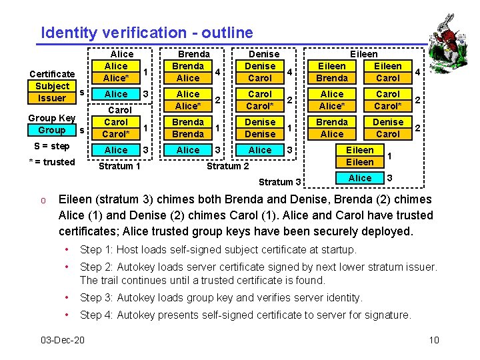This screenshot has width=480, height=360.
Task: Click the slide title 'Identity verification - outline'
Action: (x=147, y=32)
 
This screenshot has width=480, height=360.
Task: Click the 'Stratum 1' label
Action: (x=119, y=166)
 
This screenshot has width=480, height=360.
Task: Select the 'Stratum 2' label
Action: (x=227, y=166)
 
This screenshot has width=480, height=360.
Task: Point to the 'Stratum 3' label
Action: (x=280, y=181)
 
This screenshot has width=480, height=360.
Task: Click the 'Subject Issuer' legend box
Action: (x=52, y=92)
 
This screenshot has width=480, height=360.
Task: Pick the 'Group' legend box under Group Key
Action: (x=52, y=130)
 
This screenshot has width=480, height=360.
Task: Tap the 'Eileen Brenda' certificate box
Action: (x=332, y=72)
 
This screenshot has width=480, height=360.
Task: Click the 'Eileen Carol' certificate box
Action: (x=387, y=72)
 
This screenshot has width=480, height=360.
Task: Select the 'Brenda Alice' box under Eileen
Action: (x=332, y=128)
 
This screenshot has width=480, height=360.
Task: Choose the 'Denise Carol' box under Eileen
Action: (x=387, y=128)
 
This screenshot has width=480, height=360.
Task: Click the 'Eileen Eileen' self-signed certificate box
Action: (x=360, y=157)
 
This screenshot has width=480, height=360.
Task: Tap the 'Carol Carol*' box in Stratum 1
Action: (x=116, y=128)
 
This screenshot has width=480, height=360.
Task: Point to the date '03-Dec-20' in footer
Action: (x=62, y=341)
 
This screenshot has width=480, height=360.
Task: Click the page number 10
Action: (x=434, y=341)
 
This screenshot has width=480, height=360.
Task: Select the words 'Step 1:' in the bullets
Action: (x=96, y=250)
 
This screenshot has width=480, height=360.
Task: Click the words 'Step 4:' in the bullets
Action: (x=96, y=315)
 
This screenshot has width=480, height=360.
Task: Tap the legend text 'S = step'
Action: (x=51, y=146)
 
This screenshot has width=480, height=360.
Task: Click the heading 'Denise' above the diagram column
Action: (x=264, y=54)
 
